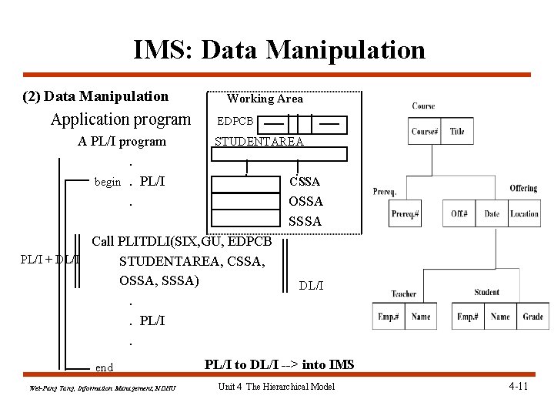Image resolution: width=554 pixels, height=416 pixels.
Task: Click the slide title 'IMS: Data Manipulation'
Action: [x=279, y=50]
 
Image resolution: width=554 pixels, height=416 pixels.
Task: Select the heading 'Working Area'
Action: [x=265, y=99]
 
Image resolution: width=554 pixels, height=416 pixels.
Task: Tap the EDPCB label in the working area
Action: [x=235, y=122]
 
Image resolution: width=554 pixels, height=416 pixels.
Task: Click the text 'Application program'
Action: [x=120, y=119]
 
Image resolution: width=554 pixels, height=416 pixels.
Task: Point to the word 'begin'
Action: [x=107, y=183]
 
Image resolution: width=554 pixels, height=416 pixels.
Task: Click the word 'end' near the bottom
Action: [x=104, y=368]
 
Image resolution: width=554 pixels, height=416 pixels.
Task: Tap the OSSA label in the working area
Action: [x=305, y=202]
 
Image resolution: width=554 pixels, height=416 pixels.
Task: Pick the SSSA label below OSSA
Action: [x=305, y=222]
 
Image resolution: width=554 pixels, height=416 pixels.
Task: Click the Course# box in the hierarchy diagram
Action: [x=426, y=132]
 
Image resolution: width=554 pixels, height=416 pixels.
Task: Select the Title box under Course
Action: [x=457, y=132]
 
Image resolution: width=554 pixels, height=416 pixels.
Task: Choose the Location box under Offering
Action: [x=525, y=213]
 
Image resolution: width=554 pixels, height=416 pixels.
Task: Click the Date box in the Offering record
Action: [x=492, y=213]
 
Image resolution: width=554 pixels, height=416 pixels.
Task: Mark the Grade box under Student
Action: [x=532, y=317]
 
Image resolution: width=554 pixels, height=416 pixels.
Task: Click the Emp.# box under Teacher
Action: [x=390, y=317]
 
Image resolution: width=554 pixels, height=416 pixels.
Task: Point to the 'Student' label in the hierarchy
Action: [x=487, y=292]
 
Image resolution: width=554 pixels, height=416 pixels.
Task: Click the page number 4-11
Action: [x=518, y=386]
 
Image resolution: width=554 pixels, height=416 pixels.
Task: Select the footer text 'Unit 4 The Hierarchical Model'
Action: [x=277, y=387]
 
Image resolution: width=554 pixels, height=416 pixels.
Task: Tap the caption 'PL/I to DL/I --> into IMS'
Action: [x=279, y=364]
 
